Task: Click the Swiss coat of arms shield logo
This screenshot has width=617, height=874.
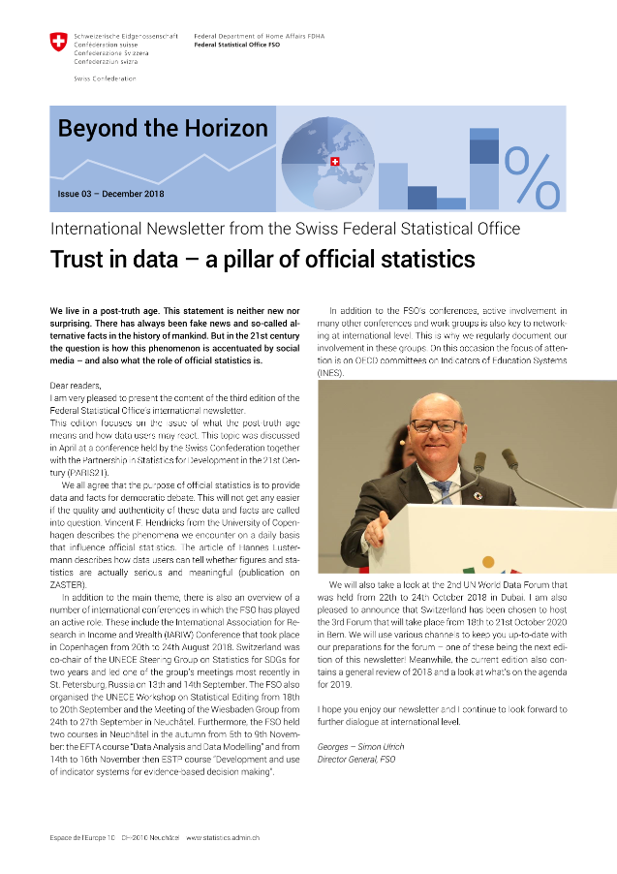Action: (59, 43)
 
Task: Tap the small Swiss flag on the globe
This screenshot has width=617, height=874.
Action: (335, 162)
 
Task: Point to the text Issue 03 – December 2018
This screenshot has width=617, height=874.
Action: (111, 194)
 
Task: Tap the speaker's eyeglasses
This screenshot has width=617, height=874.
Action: (436, 424)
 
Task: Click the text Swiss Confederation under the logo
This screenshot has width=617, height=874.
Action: (105, 78)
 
